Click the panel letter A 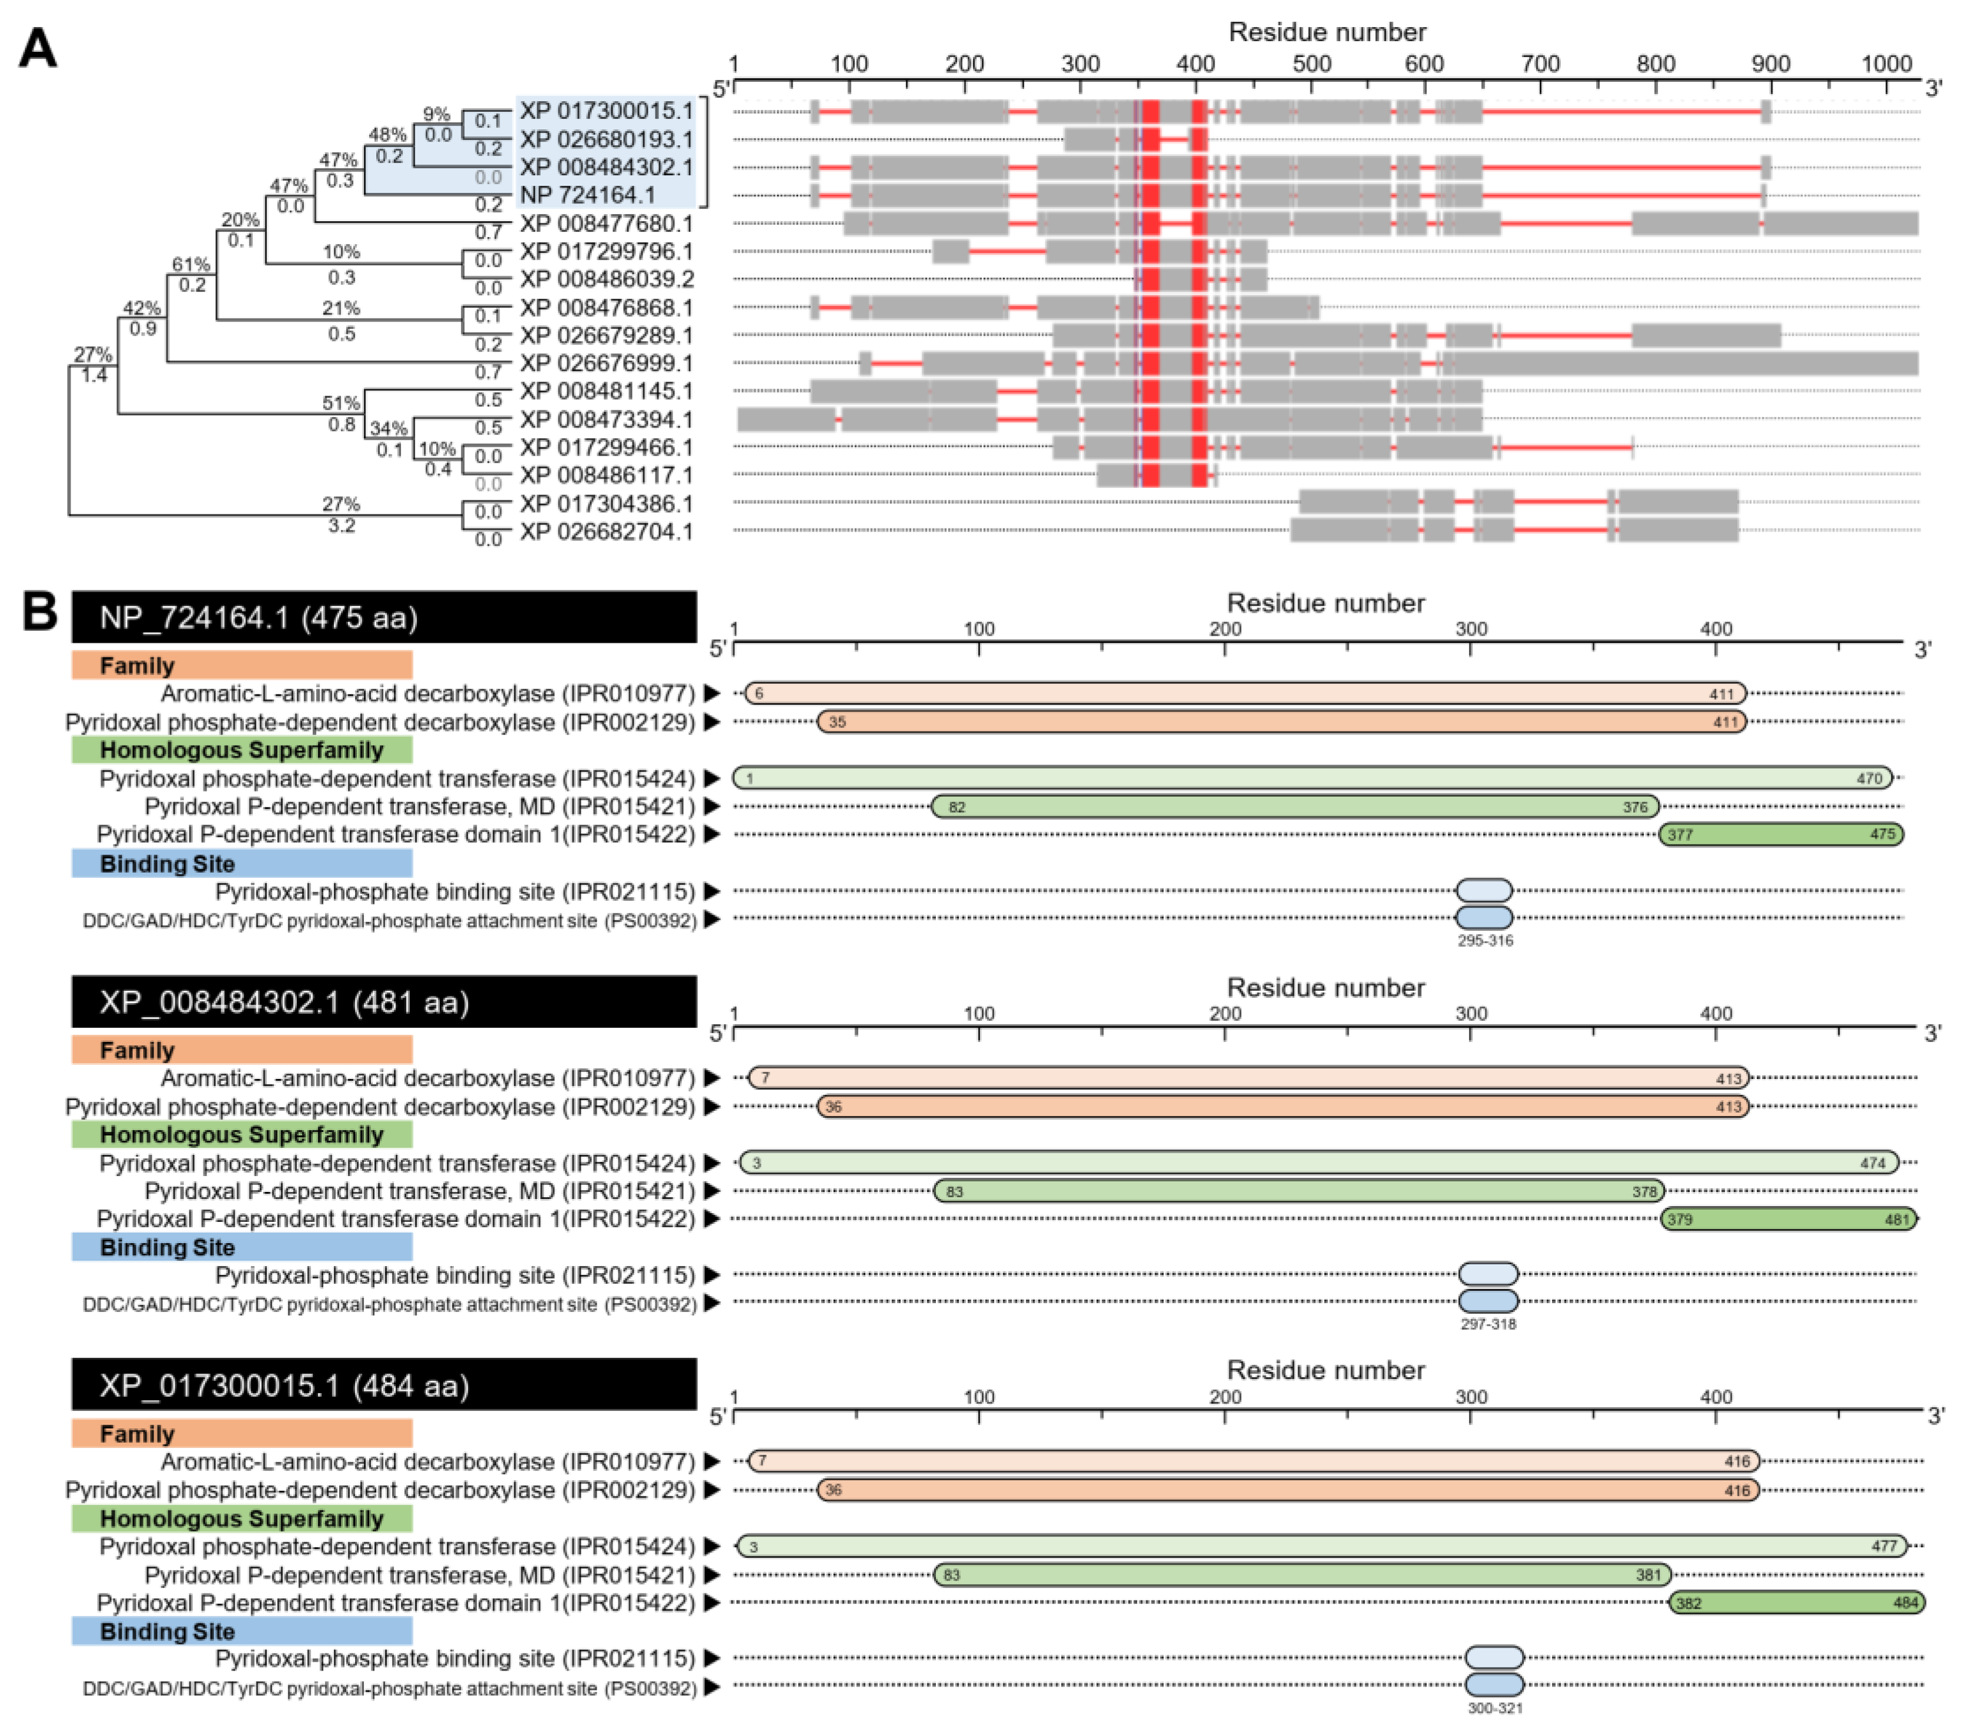[38, 48]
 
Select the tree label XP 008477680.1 [606, 224]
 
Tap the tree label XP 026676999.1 [606, 363]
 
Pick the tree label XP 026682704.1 [606, 531]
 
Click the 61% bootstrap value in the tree [191, 264]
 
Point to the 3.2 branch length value [342, 526]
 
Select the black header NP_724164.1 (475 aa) [384, 617]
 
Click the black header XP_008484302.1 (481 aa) [384, 1002]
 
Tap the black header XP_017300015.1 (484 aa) [384, 1385]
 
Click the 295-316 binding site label [1484, 940]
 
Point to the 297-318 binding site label [1487, 1324]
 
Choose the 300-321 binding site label [1494, 1708]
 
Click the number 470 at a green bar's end [1869, 778]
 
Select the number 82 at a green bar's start [957, 807]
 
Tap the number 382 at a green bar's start [1687, 1603]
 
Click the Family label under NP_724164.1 [138, 666]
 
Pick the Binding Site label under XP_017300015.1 [167, 1631]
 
